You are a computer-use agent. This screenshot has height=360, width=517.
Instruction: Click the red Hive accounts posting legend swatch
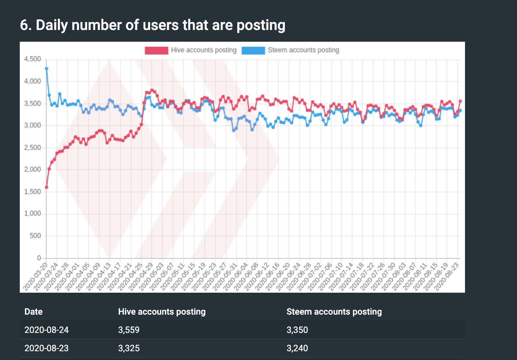(156, 50)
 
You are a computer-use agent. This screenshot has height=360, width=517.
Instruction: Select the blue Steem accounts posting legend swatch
(253, 50)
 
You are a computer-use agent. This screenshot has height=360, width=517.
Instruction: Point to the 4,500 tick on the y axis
(33, 59)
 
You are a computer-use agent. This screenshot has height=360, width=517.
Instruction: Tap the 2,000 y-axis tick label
(33, 169)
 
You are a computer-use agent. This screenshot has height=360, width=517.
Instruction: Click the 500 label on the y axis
(35, 236)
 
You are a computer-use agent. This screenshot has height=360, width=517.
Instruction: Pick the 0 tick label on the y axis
(39, 258)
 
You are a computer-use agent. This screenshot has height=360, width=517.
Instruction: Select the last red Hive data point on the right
(460, 101)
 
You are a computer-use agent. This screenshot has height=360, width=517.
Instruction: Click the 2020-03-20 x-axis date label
(36, 277)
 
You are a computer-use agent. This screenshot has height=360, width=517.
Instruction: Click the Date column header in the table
(33, 312)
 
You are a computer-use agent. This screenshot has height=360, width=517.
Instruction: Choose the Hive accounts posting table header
(162, 312)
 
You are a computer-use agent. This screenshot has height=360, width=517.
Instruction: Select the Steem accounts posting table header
(334, 312)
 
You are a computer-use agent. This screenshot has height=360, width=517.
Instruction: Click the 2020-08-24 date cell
(47, 330)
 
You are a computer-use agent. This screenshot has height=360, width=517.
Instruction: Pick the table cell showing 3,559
(129, 330)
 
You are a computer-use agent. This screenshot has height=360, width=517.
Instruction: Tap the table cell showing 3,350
(297, 330)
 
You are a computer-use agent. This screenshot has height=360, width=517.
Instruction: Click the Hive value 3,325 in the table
(129, 348)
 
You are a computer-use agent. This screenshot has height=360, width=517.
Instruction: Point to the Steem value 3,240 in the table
(297, 348)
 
